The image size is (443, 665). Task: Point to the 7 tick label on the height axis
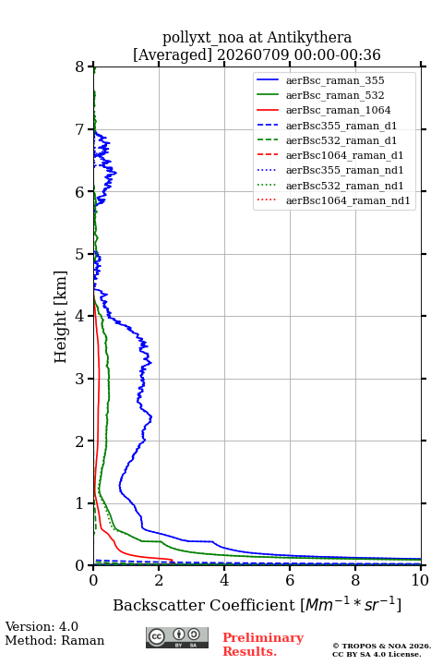pos(79,129)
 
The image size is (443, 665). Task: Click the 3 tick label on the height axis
pos(79,379)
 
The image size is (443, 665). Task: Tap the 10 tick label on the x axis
pos(420,580)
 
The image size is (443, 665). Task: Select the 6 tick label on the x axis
pos(290,580)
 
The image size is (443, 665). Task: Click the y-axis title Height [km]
pos(61,317)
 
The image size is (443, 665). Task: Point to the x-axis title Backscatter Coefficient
pos(204,605)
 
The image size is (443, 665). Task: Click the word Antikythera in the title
pos(309,37)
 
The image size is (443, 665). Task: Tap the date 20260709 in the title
pos(253,54)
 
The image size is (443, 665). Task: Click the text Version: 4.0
pos(42,626)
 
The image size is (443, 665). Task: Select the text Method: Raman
pos(54,640)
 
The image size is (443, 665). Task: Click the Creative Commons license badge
pos(177,637)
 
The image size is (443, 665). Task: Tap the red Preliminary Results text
pos(263,645)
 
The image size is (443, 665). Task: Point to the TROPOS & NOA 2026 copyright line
pos(381,646)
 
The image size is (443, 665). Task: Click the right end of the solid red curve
pos(172,560)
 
